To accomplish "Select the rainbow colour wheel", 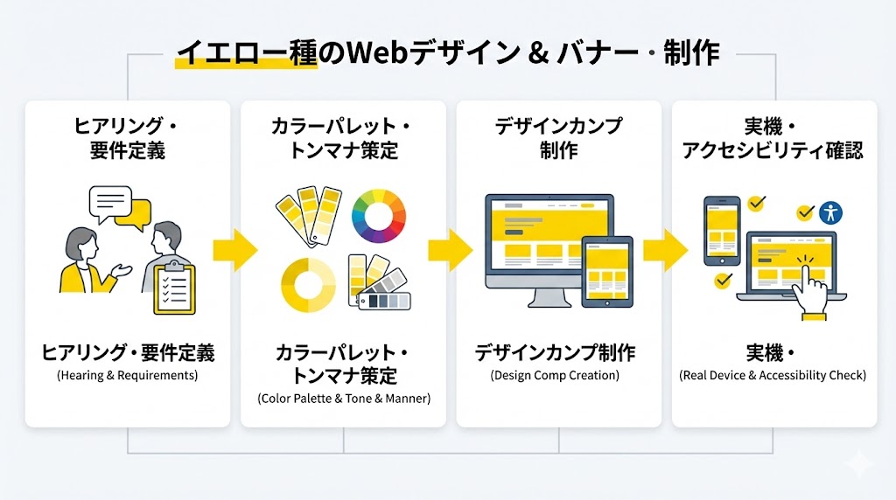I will click(379, 216).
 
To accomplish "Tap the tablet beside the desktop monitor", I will click(607, 270).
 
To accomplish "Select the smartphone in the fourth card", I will click(722, 230).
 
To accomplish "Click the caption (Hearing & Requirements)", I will click(128, 376).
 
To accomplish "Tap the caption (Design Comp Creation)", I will click(555, 376).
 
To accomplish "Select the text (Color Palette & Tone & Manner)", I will click(344, 399).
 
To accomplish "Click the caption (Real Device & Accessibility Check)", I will click(773, 376).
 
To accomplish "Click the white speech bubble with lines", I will click(109, 203).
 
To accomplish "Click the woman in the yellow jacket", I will click(81, 262).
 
